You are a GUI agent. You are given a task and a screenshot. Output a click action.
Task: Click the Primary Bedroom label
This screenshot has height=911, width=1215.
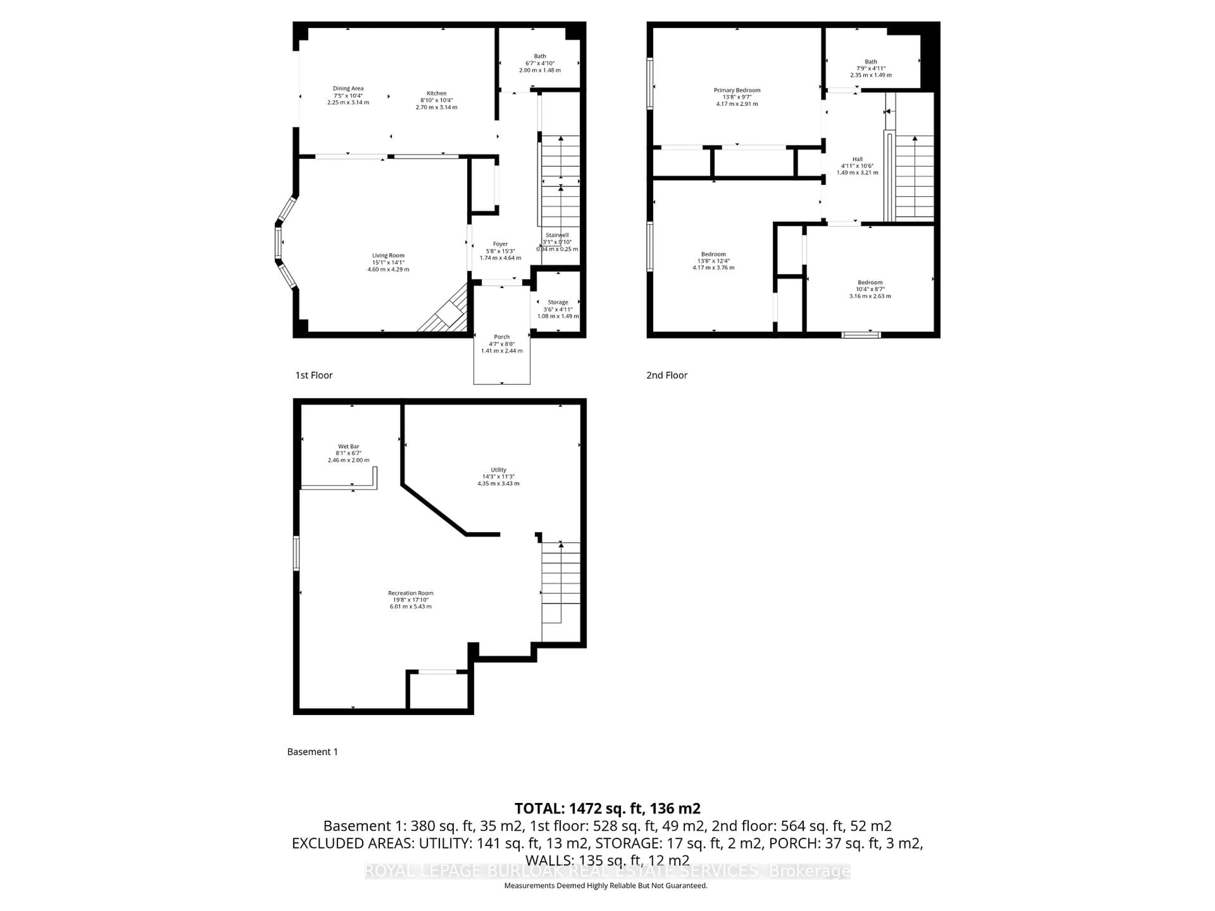point(737,90)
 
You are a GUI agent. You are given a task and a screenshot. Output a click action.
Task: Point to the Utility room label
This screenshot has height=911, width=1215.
point(498,470)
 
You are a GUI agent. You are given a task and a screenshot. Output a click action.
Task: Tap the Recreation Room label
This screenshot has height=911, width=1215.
point(410,593)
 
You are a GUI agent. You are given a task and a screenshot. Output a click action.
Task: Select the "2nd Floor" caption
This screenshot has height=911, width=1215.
point(666,375)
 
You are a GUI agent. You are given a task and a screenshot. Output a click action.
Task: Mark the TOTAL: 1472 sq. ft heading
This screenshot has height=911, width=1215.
point(607,808)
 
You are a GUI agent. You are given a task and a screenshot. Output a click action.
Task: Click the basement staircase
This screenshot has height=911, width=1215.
point(560,582)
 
